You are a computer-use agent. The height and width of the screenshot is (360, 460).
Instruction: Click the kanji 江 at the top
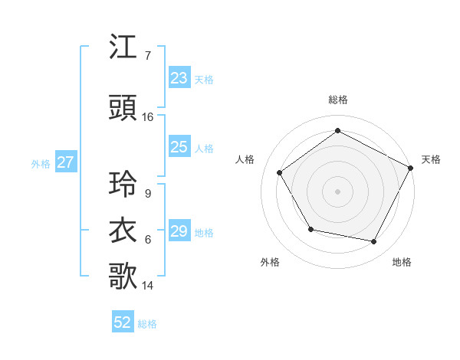pos(124,49)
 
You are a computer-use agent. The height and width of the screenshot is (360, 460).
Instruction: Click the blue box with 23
pos(179,78)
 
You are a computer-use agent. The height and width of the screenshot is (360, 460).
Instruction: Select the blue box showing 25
pos(179,148)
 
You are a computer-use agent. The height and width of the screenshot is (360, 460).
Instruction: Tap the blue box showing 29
pos(179,232)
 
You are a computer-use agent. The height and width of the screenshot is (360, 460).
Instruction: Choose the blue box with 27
pos(65,162)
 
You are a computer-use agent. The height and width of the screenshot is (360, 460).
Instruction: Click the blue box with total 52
pos(123,323)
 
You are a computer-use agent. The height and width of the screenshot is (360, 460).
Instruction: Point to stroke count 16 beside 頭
pos(148,117)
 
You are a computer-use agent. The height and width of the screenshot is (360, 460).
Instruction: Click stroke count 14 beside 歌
pos(148,286)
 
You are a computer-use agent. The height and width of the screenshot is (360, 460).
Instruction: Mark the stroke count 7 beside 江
pos(147,56)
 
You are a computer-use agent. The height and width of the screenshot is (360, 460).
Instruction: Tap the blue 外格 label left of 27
pos(41,163)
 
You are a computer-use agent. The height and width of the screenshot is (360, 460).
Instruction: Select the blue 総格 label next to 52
pos(147,324)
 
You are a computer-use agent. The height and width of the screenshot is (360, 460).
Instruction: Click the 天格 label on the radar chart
pos(431,159)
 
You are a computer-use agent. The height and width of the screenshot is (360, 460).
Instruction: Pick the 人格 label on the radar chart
pos(245,159)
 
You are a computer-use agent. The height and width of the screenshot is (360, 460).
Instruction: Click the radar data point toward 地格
pos(374,242)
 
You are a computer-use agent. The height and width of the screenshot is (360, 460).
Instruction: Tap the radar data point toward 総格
pos(337,131)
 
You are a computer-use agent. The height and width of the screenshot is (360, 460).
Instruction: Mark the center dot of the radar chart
pos(337,191)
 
